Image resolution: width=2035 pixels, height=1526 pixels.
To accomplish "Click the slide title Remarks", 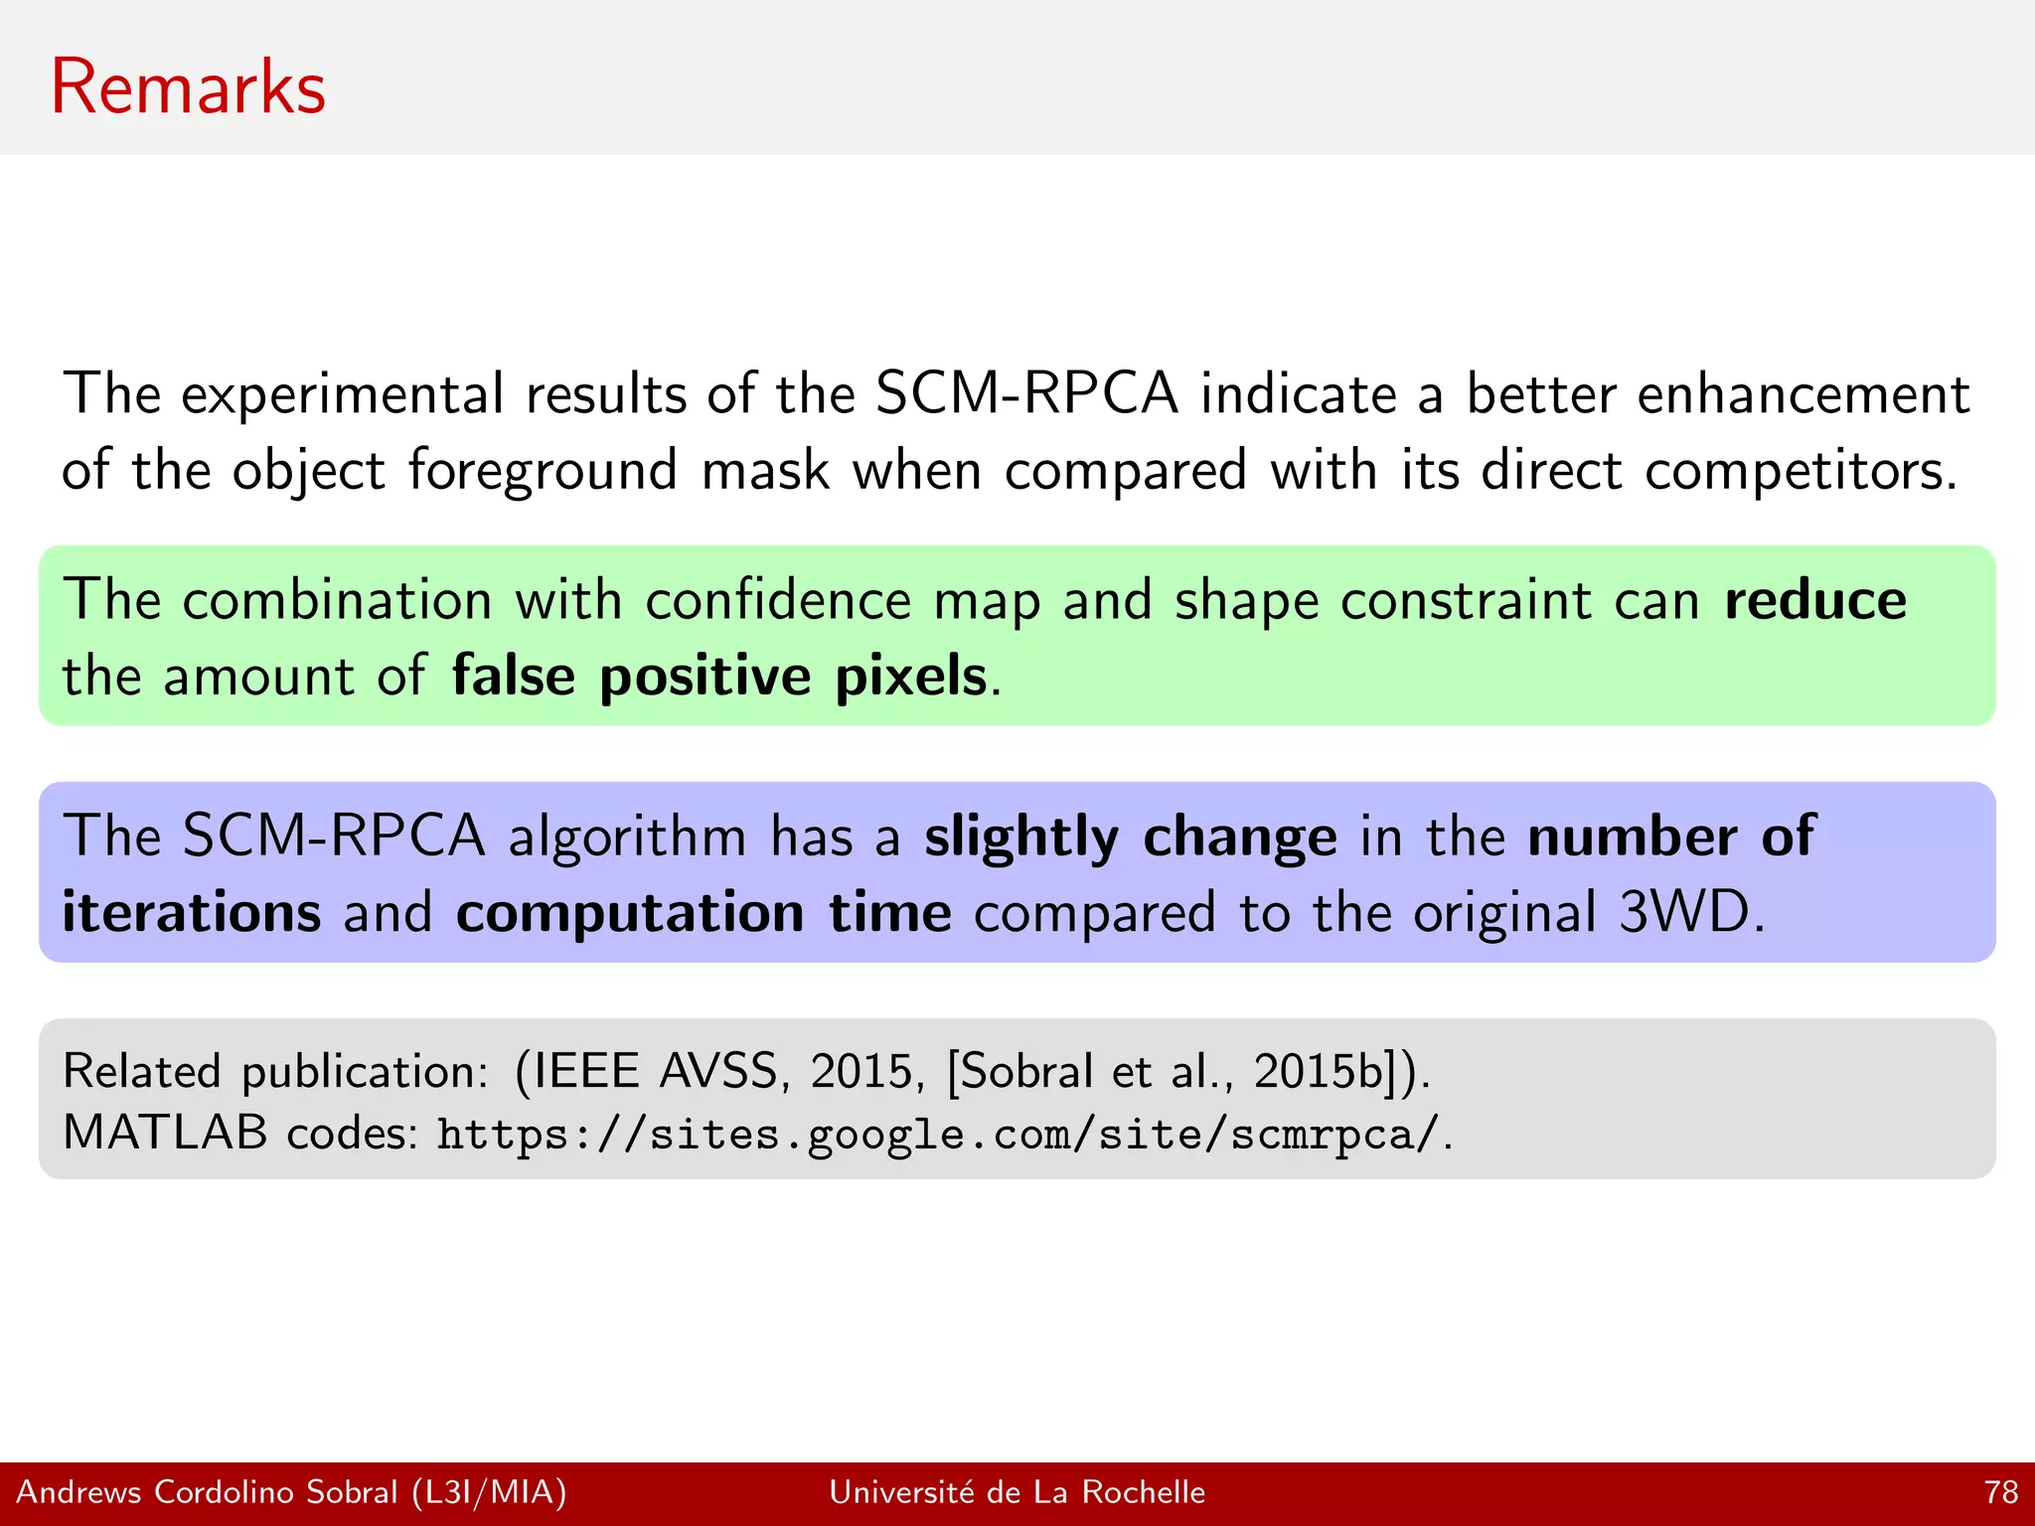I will [188, 87].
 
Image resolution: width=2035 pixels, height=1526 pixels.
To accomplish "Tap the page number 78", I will [2000, 1492].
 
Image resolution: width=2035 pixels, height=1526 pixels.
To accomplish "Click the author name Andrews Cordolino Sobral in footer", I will [207, 1492].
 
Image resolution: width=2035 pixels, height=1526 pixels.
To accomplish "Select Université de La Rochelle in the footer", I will [1017, 1492].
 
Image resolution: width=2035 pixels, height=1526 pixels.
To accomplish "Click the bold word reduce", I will [1815, 600].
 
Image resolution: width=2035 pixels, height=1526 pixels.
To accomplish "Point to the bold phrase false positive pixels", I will [719, 677].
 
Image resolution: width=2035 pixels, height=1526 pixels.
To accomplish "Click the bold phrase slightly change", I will [1130, 837].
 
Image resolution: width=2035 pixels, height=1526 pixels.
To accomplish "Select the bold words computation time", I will [704, 912].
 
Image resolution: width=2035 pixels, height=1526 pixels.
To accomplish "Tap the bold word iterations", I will [192, 912].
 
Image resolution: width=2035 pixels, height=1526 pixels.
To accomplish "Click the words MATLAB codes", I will [239, 1133].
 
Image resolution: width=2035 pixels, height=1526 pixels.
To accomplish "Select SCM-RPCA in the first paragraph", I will [1026, 393].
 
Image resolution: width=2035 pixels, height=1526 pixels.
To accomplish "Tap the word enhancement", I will [1802, 393].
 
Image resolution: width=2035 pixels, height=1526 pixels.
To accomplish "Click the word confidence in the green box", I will [778, 600].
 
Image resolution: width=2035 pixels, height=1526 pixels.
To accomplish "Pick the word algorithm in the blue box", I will [627, 837].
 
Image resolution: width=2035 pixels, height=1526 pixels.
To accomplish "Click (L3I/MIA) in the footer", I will [490, 1492].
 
